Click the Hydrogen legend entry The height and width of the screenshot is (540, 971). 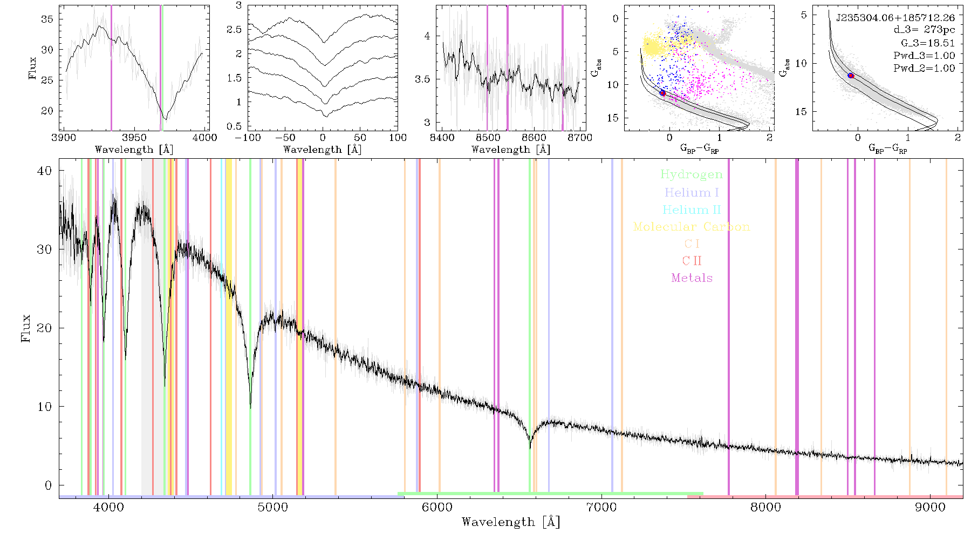692,174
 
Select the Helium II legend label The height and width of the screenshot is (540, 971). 692,210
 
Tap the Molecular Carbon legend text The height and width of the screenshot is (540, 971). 692,227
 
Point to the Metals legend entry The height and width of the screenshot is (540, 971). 692,278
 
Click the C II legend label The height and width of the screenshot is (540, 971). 692,261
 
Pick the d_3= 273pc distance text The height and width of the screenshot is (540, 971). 924,30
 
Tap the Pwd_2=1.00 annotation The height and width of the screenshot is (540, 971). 924,68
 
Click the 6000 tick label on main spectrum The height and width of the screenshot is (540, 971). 437,507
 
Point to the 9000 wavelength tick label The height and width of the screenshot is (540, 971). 930,507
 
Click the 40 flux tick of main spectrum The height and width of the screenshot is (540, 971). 45,171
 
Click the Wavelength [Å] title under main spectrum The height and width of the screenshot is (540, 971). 511,522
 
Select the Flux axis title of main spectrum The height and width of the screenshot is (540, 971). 25,328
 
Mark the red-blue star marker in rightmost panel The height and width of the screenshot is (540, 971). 851,76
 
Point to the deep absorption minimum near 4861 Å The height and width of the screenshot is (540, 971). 250,407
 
